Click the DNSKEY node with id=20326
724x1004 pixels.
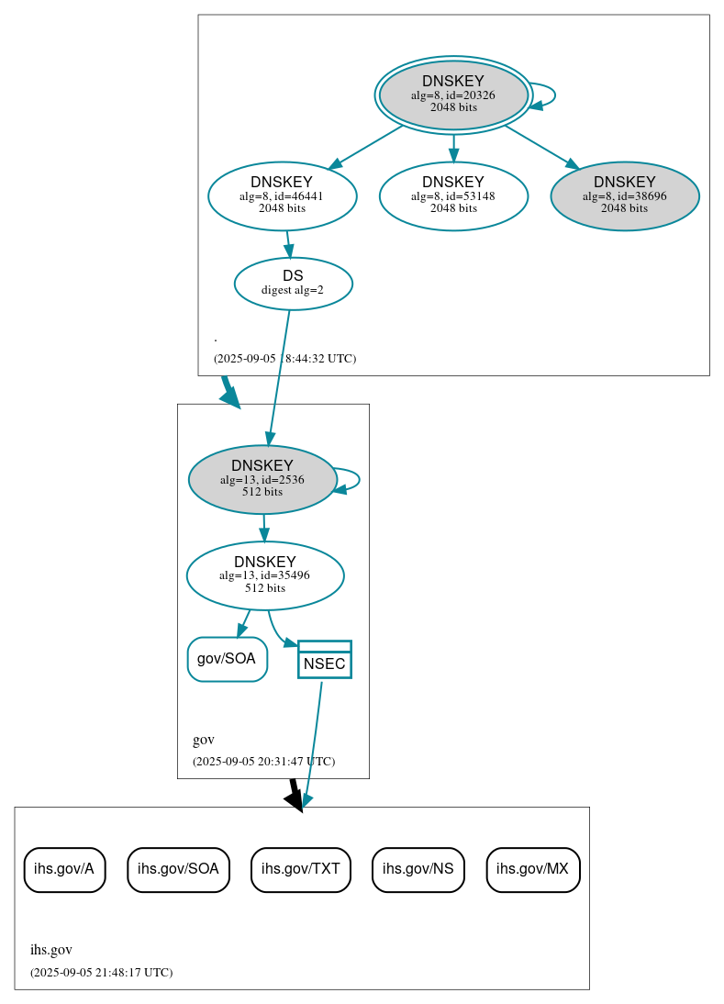tap(453, 95)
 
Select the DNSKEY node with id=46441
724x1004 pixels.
tap(282, 195)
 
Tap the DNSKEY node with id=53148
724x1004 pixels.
tap(453, 195)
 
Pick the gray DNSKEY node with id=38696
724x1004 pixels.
tap(624, 195)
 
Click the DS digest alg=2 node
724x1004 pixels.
tap(293, 284)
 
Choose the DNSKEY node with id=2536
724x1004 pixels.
tap(262, 479)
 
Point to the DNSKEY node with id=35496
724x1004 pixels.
tap(264, 575)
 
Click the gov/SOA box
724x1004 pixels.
tap(227, 659)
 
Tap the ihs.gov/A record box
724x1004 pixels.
tap(64, 869)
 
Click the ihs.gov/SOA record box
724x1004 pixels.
tap(178, 869)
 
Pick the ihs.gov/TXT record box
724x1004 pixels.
tap(300, 869)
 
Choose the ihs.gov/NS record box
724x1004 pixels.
tap(418, 869)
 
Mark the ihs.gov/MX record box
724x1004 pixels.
tap(532, 869)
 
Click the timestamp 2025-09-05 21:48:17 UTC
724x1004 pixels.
tap(101, 972)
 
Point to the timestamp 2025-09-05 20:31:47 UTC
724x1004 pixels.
tap(263, 762)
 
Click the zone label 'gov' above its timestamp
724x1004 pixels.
tap(204, 740)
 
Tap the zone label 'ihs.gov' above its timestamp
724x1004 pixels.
tap(51, 950)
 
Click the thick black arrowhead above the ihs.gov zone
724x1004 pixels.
tap(294, 799)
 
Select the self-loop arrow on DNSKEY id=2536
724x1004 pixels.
tap(357, 479)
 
